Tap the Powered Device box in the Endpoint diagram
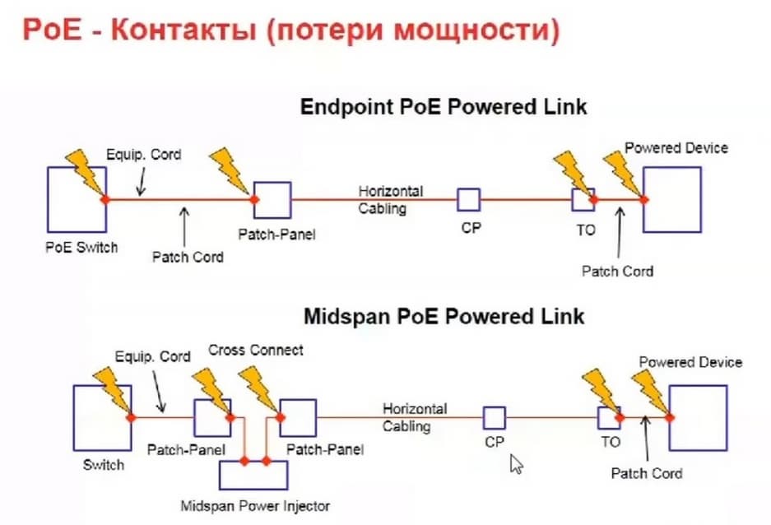pos(672,199)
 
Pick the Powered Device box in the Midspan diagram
pos(698,418)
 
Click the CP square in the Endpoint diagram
pos(469,199)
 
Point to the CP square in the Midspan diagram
pos(495,417)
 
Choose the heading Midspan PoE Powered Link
pos(444,317)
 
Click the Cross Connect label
pos(255,350)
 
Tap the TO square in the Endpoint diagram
pos(583,199)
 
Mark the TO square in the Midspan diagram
pos(609,417)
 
